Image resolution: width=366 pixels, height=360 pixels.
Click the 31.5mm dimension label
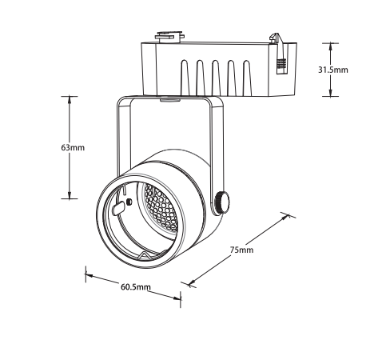pyautogui.click(x=333, y=70)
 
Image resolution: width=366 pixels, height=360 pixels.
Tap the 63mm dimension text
pyautogui.click(x=73, y=147)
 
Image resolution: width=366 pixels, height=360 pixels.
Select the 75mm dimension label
pyautogui.click(x=241, y=250)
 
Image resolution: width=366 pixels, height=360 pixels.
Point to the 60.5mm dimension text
pyautogui.click(x=136, y=287)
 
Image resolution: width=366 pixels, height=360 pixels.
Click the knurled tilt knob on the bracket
pyautogui.click(x=222, y=202)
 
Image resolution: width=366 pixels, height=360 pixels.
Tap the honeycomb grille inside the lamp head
pyautogui.click(x=161, y=207)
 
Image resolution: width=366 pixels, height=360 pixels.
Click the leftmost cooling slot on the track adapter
pyautogui.click(x=185, y=78)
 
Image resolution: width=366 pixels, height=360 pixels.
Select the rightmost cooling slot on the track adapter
pyautogui.click(x=247, y=78)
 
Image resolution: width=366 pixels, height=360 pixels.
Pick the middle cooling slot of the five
pyautogui.click(x=216, y=78)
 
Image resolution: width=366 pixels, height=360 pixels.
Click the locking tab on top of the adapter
pyautogui.click(x=170, y=37)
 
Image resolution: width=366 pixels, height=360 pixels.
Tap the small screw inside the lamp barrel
pyautogui.click(x=129, y=202)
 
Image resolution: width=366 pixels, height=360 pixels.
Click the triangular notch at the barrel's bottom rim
pyautogui.click(x=145, y=256)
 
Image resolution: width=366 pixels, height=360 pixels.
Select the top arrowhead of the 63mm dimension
pyautogui.click(x=70, y=100)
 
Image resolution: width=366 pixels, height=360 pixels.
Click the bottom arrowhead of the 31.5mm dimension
pyautogui.click(x=330, y=92)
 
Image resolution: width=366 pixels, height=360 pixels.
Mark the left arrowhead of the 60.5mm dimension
pyautogui.click(x=90, y=275)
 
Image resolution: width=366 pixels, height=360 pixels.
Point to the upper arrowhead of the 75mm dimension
pyautogui.click(x=285, y=217)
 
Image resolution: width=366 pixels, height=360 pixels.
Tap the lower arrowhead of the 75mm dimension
pyautogui.click(x=191, y=282)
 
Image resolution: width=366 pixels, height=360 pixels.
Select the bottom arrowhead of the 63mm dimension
pyautogui.click(x=70, y=194)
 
